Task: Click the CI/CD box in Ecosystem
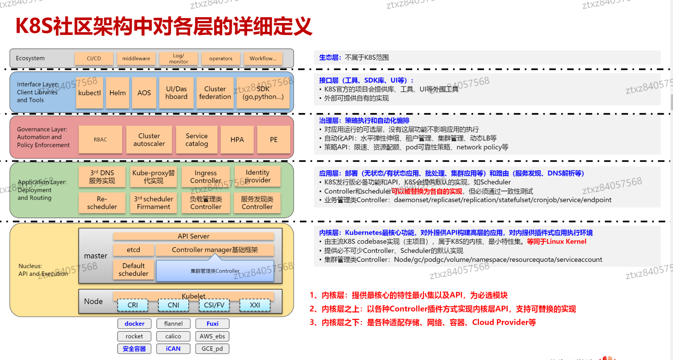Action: pyautogui.click(x=94, y=58)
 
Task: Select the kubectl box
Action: pyautogui.click(x=90, y=93)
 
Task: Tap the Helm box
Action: pyautogui.click(x=117, y=93)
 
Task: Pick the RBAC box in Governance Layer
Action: pyautogui.click(x=100, y=139)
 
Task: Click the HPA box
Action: pyautogui.click(x=237, y=139)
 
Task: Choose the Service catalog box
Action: pyautogui.click(x=197, y=139)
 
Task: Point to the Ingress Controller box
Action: pyautogui.click(x=205, y=177)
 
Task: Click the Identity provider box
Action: pyautogui.click(x=257, y=176)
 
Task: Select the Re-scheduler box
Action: pyautogui.click(x=102, y=203)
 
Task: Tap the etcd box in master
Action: pyautogui.click(x=133, y=250)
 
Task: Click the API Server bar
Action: pyautogui.click(x=193, y=236)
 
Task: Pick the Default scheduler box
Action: pyautogui.click(x=133, y=269)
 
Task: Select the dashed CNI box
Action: pyautogui.click(x=173, y=305)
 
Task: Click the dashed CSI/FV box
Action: pyautogui.click(x=214, y=305)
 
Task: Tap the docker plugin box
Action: pyautogui.click(x=134, y=324)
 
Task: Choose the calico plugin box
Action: pyautogui.click(x=173, y=336)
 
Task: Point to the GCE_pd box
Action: pyautogui.click(x=212, y=349)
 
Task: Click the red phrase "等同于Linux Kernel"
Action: pyautogui.click(x=556, y=241)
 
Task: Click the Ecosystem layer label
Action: pyautogui.click(x=30, y=58)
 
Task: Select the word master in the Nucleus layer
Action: pyautogui.click(x=96, y=256)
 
